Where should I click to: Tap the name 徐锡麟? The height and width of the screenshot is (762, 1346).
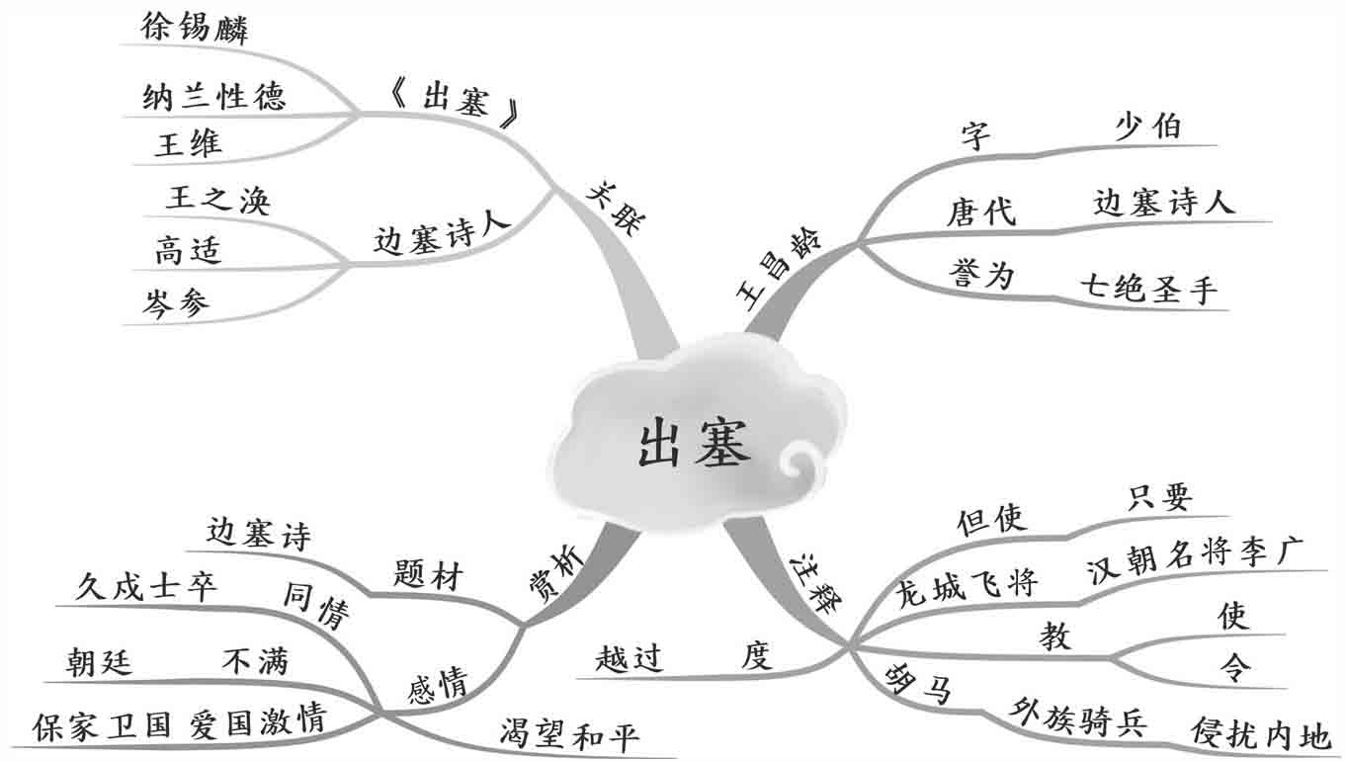(195, 27)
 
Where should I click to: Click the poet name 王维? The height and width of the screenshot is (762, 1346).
(188, 144)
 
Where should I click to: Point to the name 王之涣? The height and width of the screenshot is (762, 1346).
(217, 200)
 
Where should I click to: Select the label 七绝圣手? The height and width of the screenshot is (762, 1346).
(1149, 290)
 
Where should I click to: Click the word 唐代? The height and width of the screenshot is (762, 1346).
(980, 212)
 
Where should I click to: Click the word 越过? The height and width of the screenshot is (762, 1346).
(629, 657)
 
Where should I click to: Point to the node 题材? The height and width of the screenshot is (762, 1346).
(427, 575)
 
